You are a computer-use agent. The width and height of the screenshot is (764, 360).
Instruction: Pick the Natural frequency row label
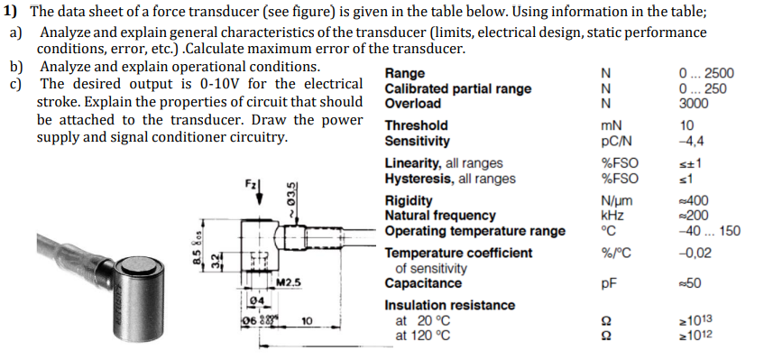pos(440,215)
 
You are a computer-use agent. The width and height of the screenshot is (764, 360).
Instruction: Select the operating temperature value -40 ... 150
pos(708,231)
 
